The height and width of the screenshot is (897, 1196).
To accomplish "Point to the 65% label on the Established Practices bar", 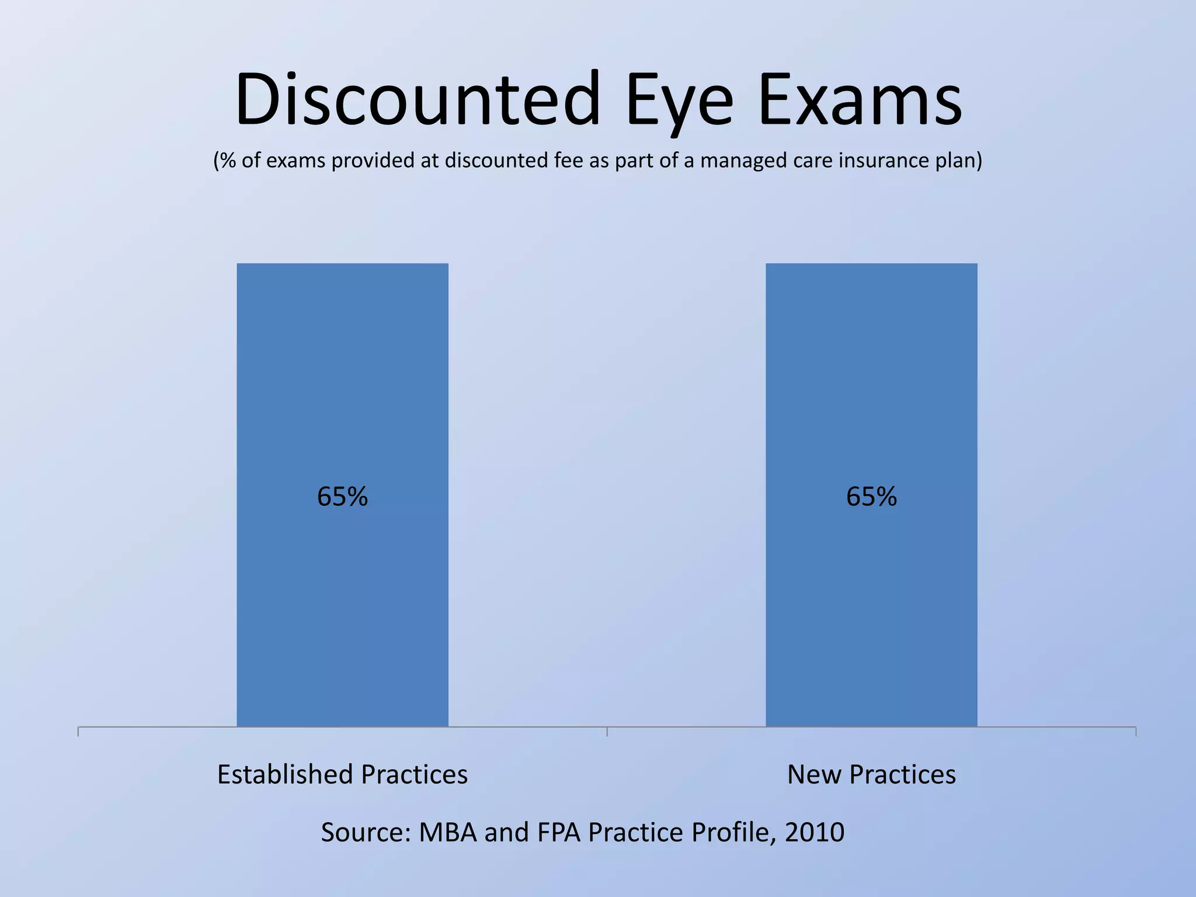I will [342, 497].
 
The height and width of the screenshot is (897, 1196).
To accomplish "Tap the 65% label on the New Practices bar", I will [871, 497].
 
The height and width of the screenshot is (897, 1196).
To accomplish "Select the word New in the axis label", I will [814, 774].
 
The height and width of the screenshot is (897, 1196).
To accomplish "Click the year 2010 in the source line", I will [815, 832].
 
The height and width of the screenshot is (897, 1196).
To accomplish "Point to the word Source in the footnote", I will [364, 832].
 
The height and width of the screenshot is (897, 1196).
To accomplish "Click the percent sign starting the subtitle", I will [227, 161].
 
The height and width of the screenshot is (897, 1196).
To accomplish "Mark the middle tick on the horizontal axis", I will [607, 731].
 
